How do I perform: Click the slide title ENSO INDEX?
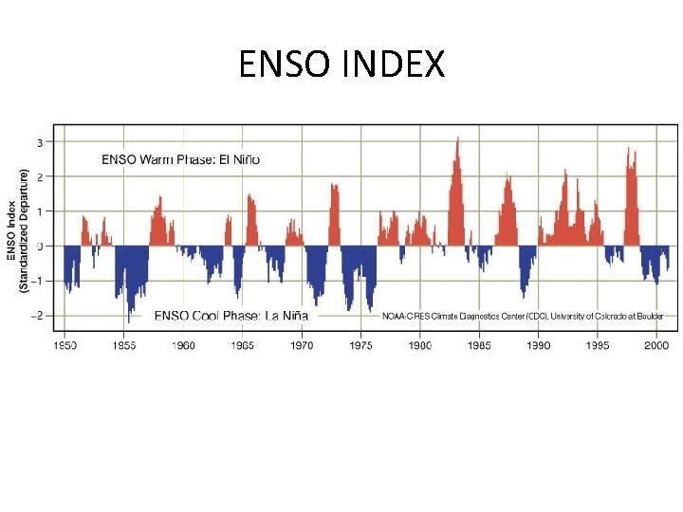pos(341,65)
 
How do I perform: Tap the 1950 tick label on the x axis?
pos(65,346)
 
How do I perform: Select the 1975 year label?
pos(360,346)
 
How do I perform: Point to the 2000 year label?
pos(656,346)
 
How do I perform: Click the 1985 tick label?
pos(479,346)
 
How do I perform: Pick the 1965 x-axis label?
pos(243,346)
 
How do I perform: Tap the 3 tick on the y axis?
pos(40,142)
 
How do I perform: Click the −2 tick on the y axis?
pos(38,315)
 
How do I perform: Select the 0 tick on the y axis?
pos(40,246)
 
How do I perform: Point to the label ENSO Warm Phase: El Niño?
pos(180,159)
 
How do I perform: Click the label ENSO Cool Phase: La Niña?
pos(231,315)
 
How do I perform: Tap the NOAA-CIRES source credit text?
pos(523,316)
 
